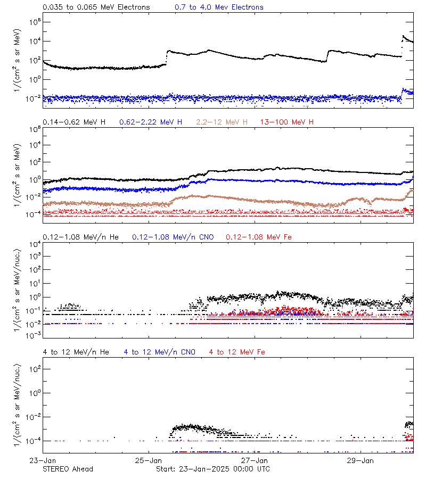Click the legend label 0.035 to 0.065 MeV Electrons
(96, 7)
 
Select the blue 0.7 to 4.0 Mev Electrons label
(219, 7)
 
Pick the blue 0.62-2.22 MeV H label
(151, 122)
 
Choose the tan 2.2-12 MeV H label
(222, 122)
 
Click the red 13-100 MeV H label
(287, 122)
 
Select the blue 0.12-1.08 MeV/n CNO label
(173, 237)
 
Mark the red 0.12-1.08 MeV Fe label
(259, 237)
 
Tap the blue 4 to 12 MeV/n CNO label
(160, 352)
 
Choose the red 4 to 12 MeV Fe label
(237, 352)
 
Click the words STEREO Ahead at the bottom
(68, 469)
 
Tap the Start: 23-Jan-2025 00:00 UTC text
(213, 469)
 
